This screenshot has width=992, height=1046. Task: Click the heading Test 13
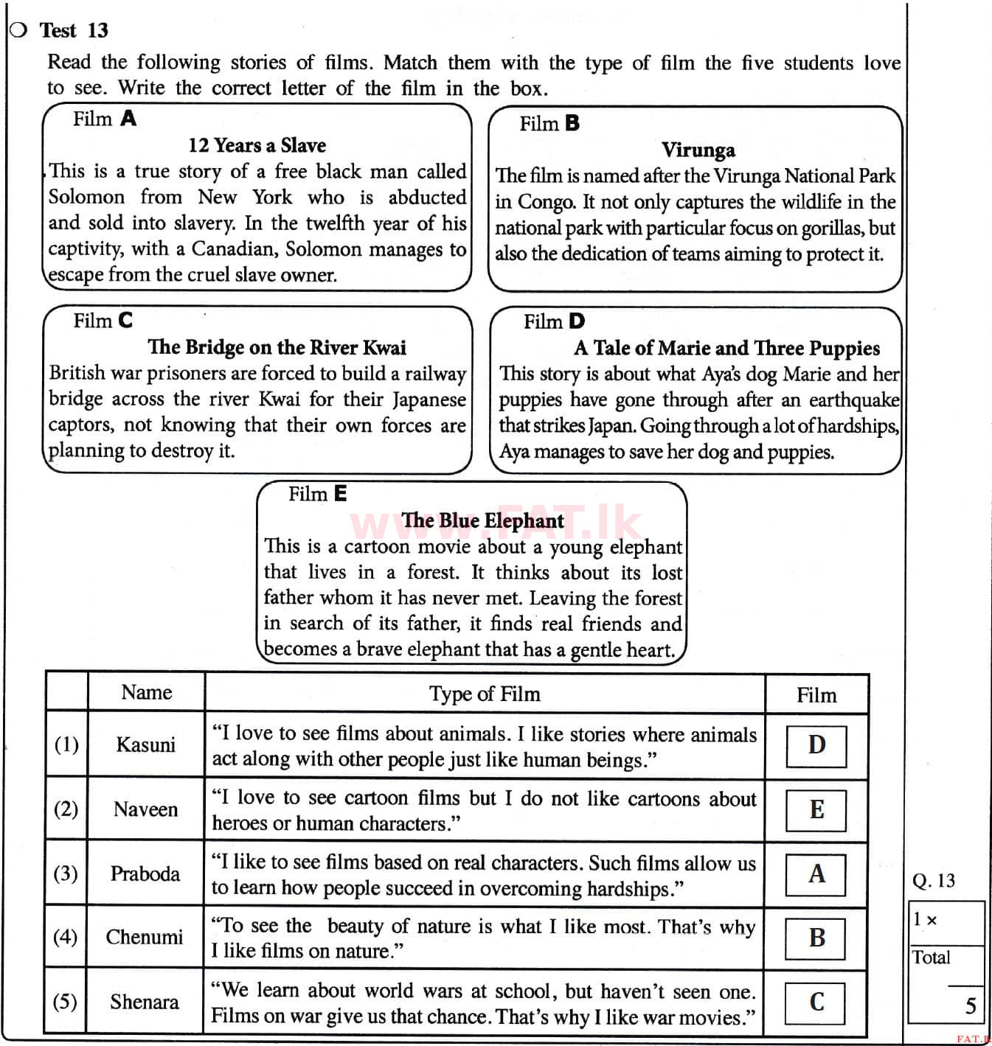(x=74, y=30)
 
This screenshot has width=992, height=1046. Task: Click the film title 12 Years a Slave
(x=257, y=145)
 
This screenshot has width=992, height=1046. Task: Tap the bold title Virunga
(x=698, y=150)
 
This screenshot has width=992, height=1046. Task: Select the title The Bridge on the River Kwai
(x=277, y=347)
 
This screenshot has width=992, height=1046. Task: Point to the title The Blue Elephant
(x=482, y=520)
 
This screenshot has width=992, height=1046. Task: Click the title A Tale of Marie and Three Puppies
(x=726, y=348)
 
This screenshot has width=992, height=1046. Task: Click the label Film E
(x=317, y=494)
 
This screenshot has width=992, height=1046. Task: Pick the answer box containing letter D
(x=816, y=745)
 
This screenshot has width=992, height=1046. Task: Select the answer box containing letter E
(x=816, y=809)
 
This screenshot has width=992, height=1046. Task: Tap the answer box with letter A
(x=816, y=874)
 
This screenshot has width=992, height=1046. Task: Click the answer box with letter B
(x=816, y=938)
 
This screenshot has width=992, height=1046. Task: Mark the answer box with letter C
(x=816, y=1002)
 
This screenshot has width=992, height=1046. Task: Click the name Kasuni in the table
(x=145, y=745)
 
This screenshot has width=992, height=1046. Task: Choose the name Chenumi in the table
(x=144, y=937)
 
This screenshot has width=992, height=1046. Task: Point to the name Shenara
(x=144, y=1002)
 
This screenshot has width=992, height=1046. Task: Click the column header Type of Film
(x=485, y=694)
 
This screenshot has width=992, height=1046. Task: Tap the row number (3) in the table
(x=66, y=874)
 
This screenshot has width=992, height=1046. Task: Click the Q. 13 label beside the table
(x=933, y=881)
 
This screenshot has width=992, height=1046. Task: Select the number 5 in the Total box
(x=971, y=1006)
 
